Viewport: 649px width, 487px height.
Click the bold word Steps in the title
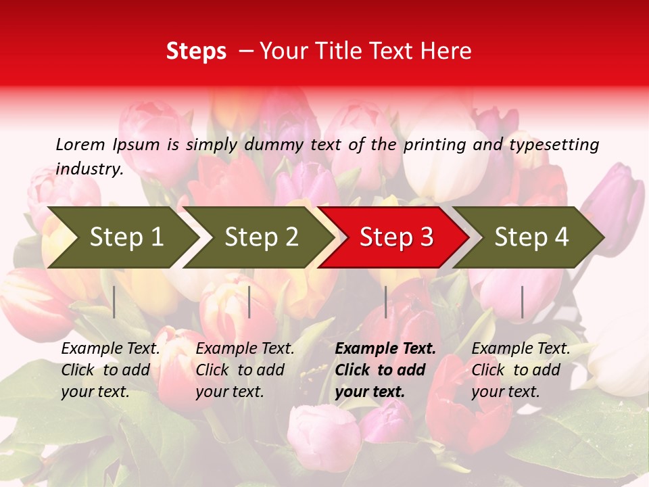click(196, 51)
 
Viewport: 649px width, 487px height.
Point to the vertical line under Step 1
click(114, 302)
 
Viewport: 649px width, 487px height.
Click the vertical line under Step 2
click(249, 302)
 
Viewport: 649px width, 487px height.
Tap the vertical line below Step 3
click(385, 302)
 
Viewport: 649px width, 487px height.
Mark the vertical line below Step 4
click(522, 302)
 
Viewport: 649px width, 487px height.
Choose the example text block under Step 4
click(521, 370)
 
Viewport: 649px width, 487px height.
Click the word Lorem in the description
click(80, 145)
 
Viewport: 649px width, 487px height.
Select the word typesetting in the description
click(554, 145)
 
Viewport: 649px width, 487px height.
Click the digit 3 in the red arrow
click(425, 237)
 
